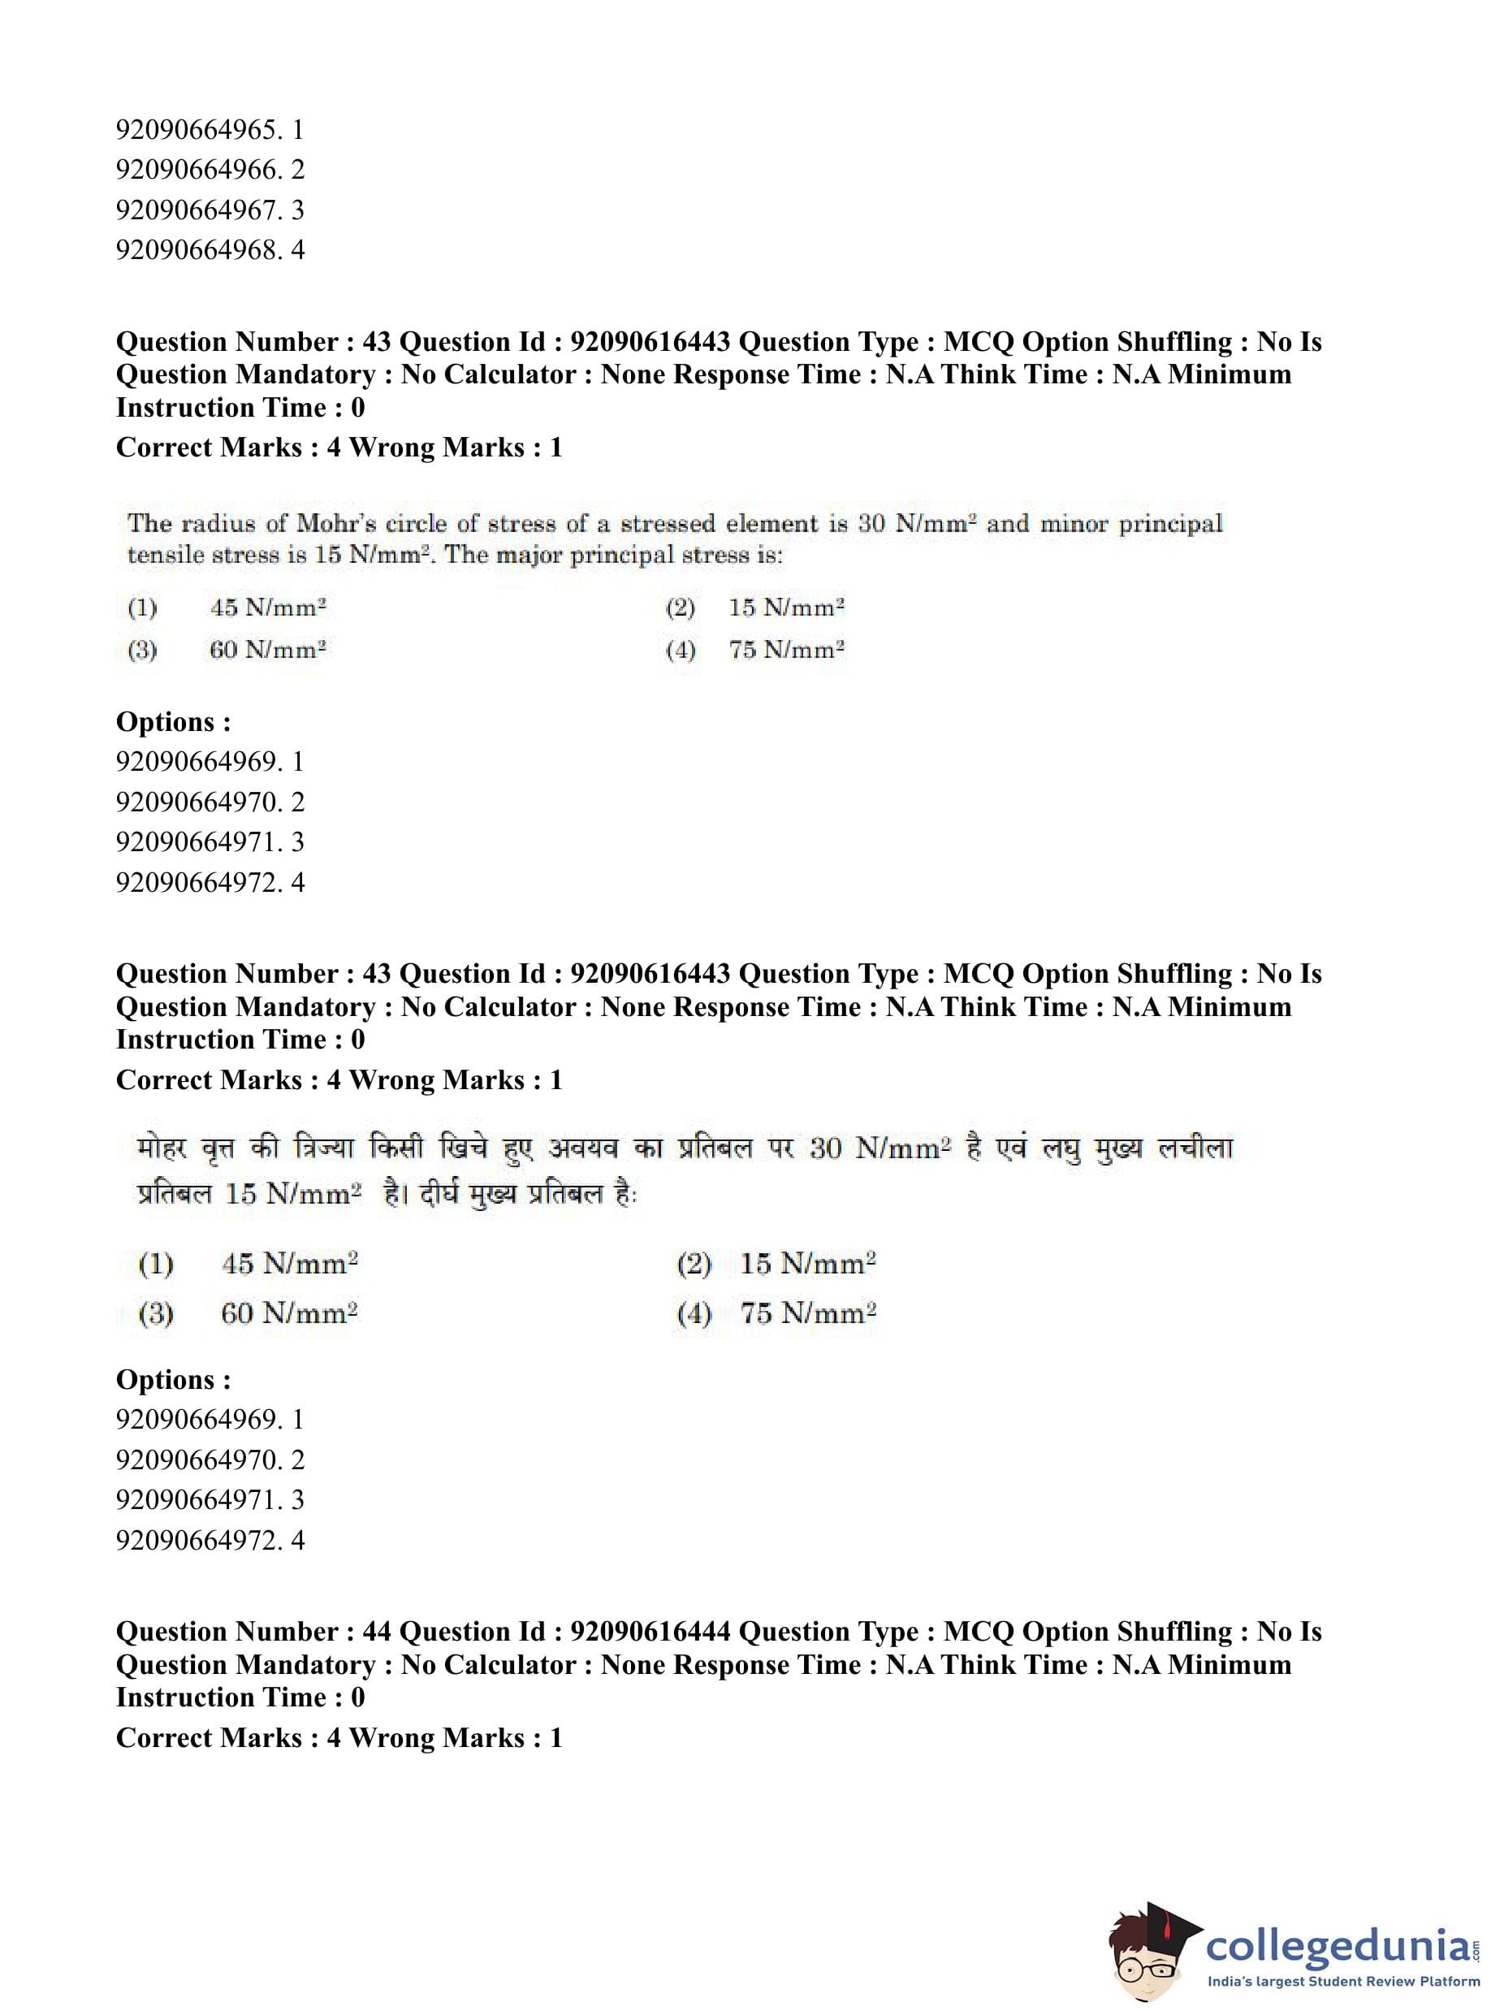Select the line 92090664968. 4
210,250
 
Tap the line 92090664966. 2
210,170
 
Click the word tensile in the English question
162,555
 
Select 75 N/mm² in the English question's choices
786,650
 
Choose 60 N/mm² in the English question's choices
267,650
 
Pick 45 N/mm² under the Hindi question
289,1263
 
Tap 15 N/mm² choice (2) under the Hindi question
808,1263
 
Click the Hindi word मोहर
161,1149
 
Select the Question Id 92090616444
650,1631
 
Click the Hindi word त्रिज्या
323,1149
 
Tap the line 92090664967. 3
210,210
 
